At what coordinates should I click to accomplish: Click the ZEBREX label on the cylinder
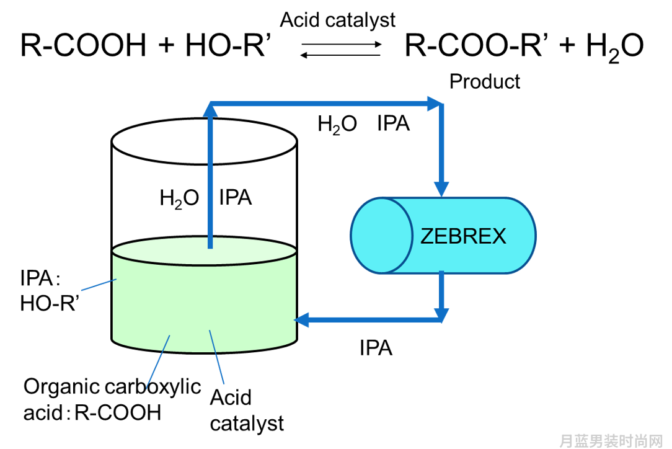coord(463,236)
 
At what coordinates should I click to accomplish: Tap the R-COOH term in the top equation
coord(84,45)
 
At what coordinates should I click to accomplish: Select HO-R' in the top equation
coord(228,45)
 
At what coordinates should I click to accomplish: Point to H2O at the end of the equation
coord(614,47)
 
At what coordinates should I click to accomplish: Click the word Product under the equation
coord(485,81)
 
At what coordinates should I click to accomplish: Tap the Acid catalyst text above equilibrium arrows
coord(338,20)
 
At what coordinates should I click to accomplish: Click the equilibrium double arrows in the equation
coord(341,50)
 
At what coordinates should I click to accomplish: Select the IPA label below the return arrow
coord(376,348)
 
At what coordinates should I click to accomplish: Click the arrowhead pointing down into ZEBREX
coord(441,189)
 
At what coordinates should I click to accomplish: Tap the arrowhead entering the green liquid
coord(301,320)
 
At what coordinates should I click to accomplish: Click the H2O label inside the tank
coord(179,198)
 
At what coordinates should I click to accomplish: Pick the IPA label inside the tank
coord(236,198)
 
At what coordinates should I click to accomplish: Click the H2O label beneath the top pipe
coord(337,125)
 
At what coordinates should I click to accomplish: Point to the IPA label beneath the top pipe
coord(394,123)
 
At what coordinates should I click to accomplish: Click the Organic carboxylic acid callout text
coord(112,399)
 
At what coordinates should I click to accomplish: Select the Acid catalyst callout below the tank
coord(247,411)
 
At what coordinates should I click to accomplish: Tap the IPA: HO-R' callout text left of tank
coord(50,291)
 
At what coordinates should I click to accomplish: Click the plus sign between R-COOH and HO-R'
coord(166,45)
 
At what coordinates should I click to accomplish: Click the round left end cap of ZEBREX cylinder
coord(381,236)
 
